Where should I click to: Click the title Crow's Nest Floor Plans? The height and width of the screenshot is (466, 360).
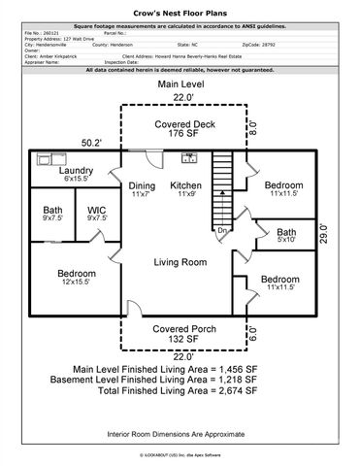click(x=180, y=8)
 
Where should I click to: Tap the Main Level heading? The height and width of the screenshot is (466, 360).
click(x=180, y=86)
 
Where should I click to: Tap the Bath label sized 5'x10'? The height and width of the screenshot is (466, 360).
click(x=285, y=237)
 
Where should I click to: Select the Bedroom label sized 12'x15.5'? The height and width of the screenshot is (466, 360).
click(x=76, y=277)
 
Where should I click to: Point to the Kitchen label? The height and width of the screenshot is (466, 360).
click(x=186, y=190)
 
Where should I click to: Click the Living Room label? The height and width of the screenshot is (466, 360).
click(x=180, y=262)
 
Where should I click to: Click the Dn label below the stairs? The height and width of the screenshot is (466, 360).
click(x=221, y=231)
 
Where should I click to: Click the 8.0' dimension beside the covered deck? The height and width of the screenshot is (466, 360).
click(x=253, y=126)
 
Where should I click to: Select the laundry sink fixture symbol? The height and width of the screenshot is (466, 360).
click(x=45, y=157)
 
